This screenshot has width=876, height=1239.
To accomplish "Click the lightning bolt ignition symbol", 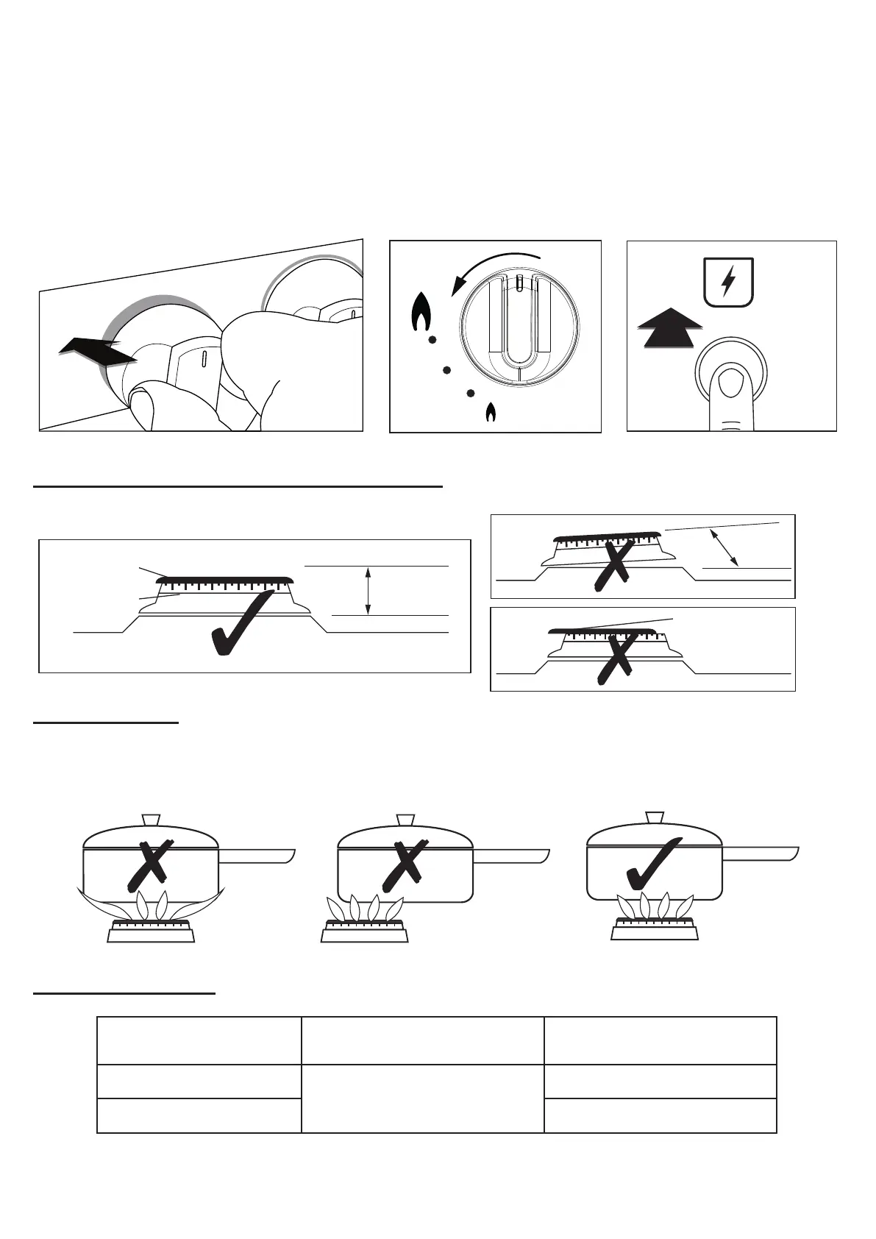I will click(728, 281).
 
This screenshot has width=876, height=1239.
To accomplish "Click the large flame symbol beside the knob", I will click(421, 313).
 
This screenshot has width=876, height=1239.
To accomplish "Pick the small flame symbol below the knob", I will click(491, 413).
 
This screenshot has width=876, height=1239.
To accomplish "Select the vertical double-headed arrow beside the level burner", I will click(368, 590).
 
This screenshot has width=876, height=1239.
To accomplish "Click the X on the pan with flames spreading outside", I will click(150, 864).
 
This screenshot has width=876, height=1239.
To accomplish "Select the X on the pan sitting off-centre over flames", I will click(405, 864).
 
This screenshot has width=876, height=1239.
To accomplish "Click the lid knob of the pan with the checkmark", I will click(655, 818).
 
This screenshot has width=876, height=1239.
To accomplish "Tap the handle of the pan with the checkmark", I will click(761, 853).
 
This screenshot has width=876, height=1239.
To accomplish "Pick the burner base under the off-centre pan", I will click(364, 934).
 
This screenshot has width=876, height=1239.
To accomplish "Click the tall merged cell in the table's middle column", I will click(422, 1098).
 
